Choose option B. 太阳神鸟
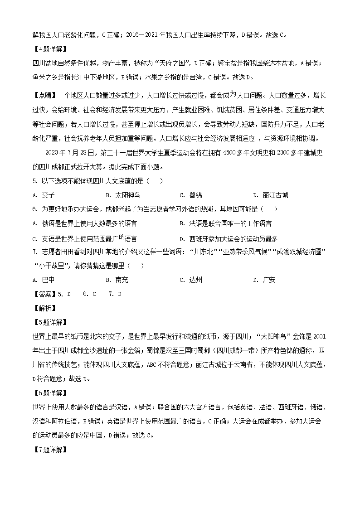[x=123, y=195]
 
